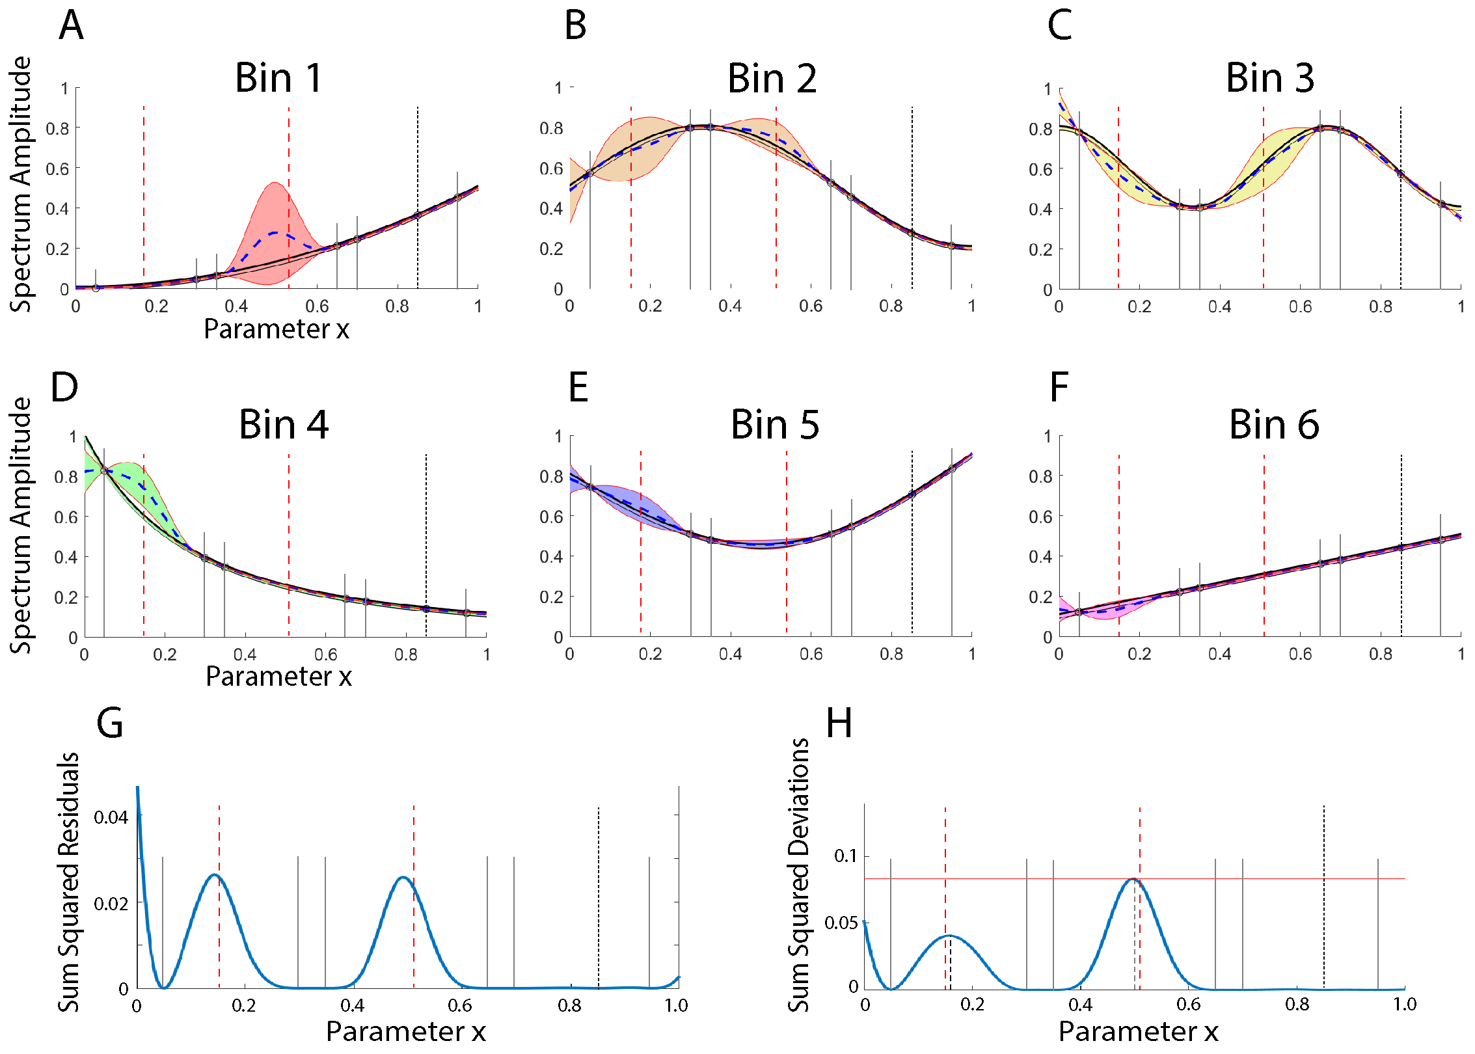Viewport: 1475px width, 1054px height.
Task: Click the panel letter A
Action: tap(71, 26)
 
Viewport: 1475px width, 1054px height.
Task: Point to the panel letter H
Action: tap(839, 723)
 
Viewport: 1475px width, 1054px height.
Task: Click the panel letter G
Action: tap(109, 723)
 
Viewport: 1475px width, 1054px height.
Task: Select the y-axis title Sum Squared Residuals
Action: tap(69, 882)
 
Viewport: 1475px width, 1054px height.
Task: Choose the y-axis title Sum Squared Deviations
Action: tap(799, 876)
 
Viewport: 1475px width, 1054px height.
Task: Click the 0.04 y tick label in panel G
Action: tap(111, 817)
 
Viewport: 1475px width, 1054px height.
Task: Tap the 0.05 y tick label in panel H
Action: tap(841, 923)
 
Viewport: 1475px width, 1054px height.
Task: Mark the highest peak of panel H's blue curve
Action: tap(1133, 880)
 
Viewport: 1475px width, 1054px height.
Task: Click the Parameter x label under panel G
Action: tap(406, 1031)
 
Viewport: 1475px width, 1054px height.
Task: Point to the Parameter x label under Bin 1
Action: tap(277, 329)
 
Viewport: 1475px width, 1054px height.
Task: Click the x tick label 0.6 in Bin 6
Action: tap(1300, 654)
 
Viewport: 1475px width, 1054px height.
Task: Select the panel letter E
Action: tap(578, 387)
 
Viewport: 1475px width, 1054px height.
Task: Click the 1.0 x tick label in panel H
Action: tap(1405, 1005)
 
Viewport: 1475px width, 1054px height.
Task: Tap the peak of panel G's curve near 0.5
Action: tap(403, 877)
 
